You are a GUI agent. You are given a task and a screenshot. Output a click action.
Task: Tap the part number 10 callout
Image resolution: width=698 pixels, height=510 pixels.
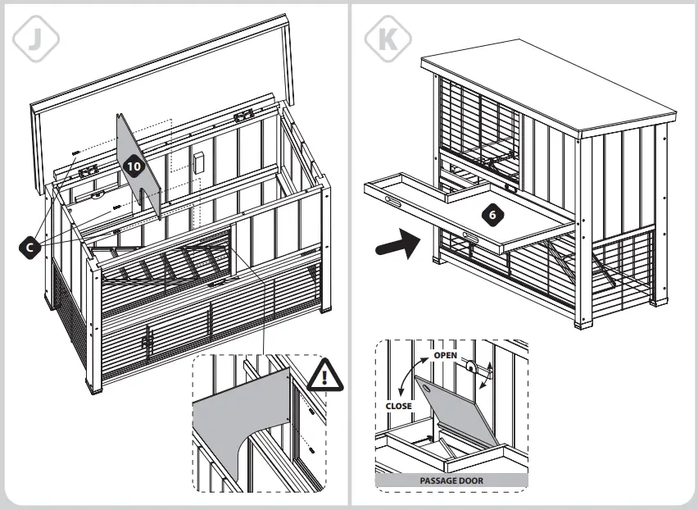(134, 166)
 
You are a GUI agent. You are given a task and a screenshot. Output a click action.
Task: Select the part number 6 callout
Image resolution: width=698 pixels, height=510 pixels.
(491, 215)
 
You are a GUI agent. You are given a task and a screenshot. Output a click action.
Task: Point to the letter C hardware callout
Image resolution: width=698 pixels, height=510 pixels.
(30, 245)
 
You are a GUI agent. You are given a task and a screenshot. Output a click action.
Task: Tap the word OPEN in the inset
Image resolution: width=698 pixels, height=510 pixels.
(445, 355)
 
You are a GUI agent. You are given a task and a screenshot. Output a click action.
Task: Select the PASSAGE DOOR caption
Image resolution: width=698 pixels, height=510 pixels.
(451, 480)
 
